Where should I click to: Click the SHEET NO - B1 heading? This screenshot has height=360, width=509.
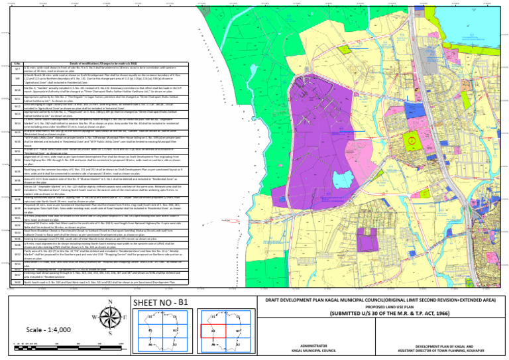click(154, 302)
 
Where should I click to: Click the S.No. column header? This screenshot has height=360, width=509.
click(17, 64)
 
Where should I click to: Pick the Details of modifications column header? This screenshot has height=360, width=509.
click(109, 64)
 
